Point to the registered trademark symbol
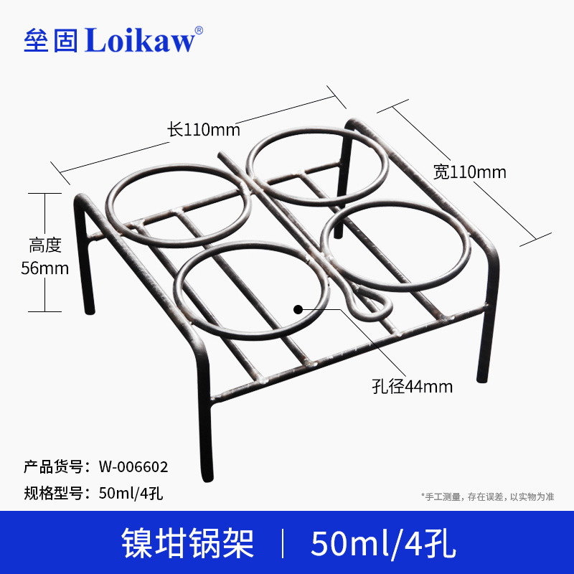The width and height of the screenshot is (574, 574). click(199, 29)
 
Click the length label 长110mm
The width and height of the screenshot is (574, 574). click(204, 130)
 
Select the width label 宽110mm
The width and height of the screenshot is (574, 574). click(470, 172)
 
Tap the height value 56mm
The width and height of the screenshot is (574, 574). click(44, 268)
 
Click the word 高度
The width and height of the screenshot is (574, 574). click(44, 246)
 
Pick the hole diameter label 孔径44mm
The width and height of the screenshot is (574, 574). click(412, 387)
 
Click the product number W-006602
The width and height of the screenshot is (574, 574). click(133, 467)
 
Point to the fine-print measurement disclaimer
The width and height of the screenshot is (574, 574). click(487, 497)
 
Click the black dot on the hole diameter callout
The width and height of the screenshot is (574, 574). click(297, 309)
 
